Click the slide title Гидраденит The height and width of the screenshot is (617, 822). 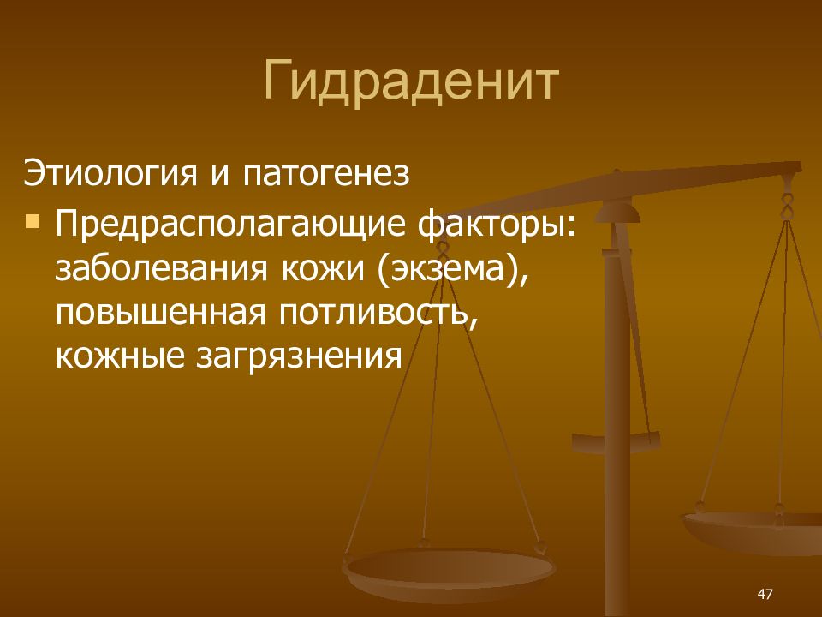(x=411, y=82)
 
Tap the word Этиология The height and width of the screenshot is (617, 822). (x=109, y=175)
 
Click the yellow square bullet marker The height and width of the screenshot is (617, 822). (x=33, y=223)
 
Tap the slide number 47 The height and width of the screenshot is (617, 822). (x=765, y=594)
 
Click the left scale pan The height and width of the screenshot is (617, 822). (x=449, y=569)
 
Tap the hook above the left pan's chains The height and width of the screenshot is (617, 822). (x=442, y=249)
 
